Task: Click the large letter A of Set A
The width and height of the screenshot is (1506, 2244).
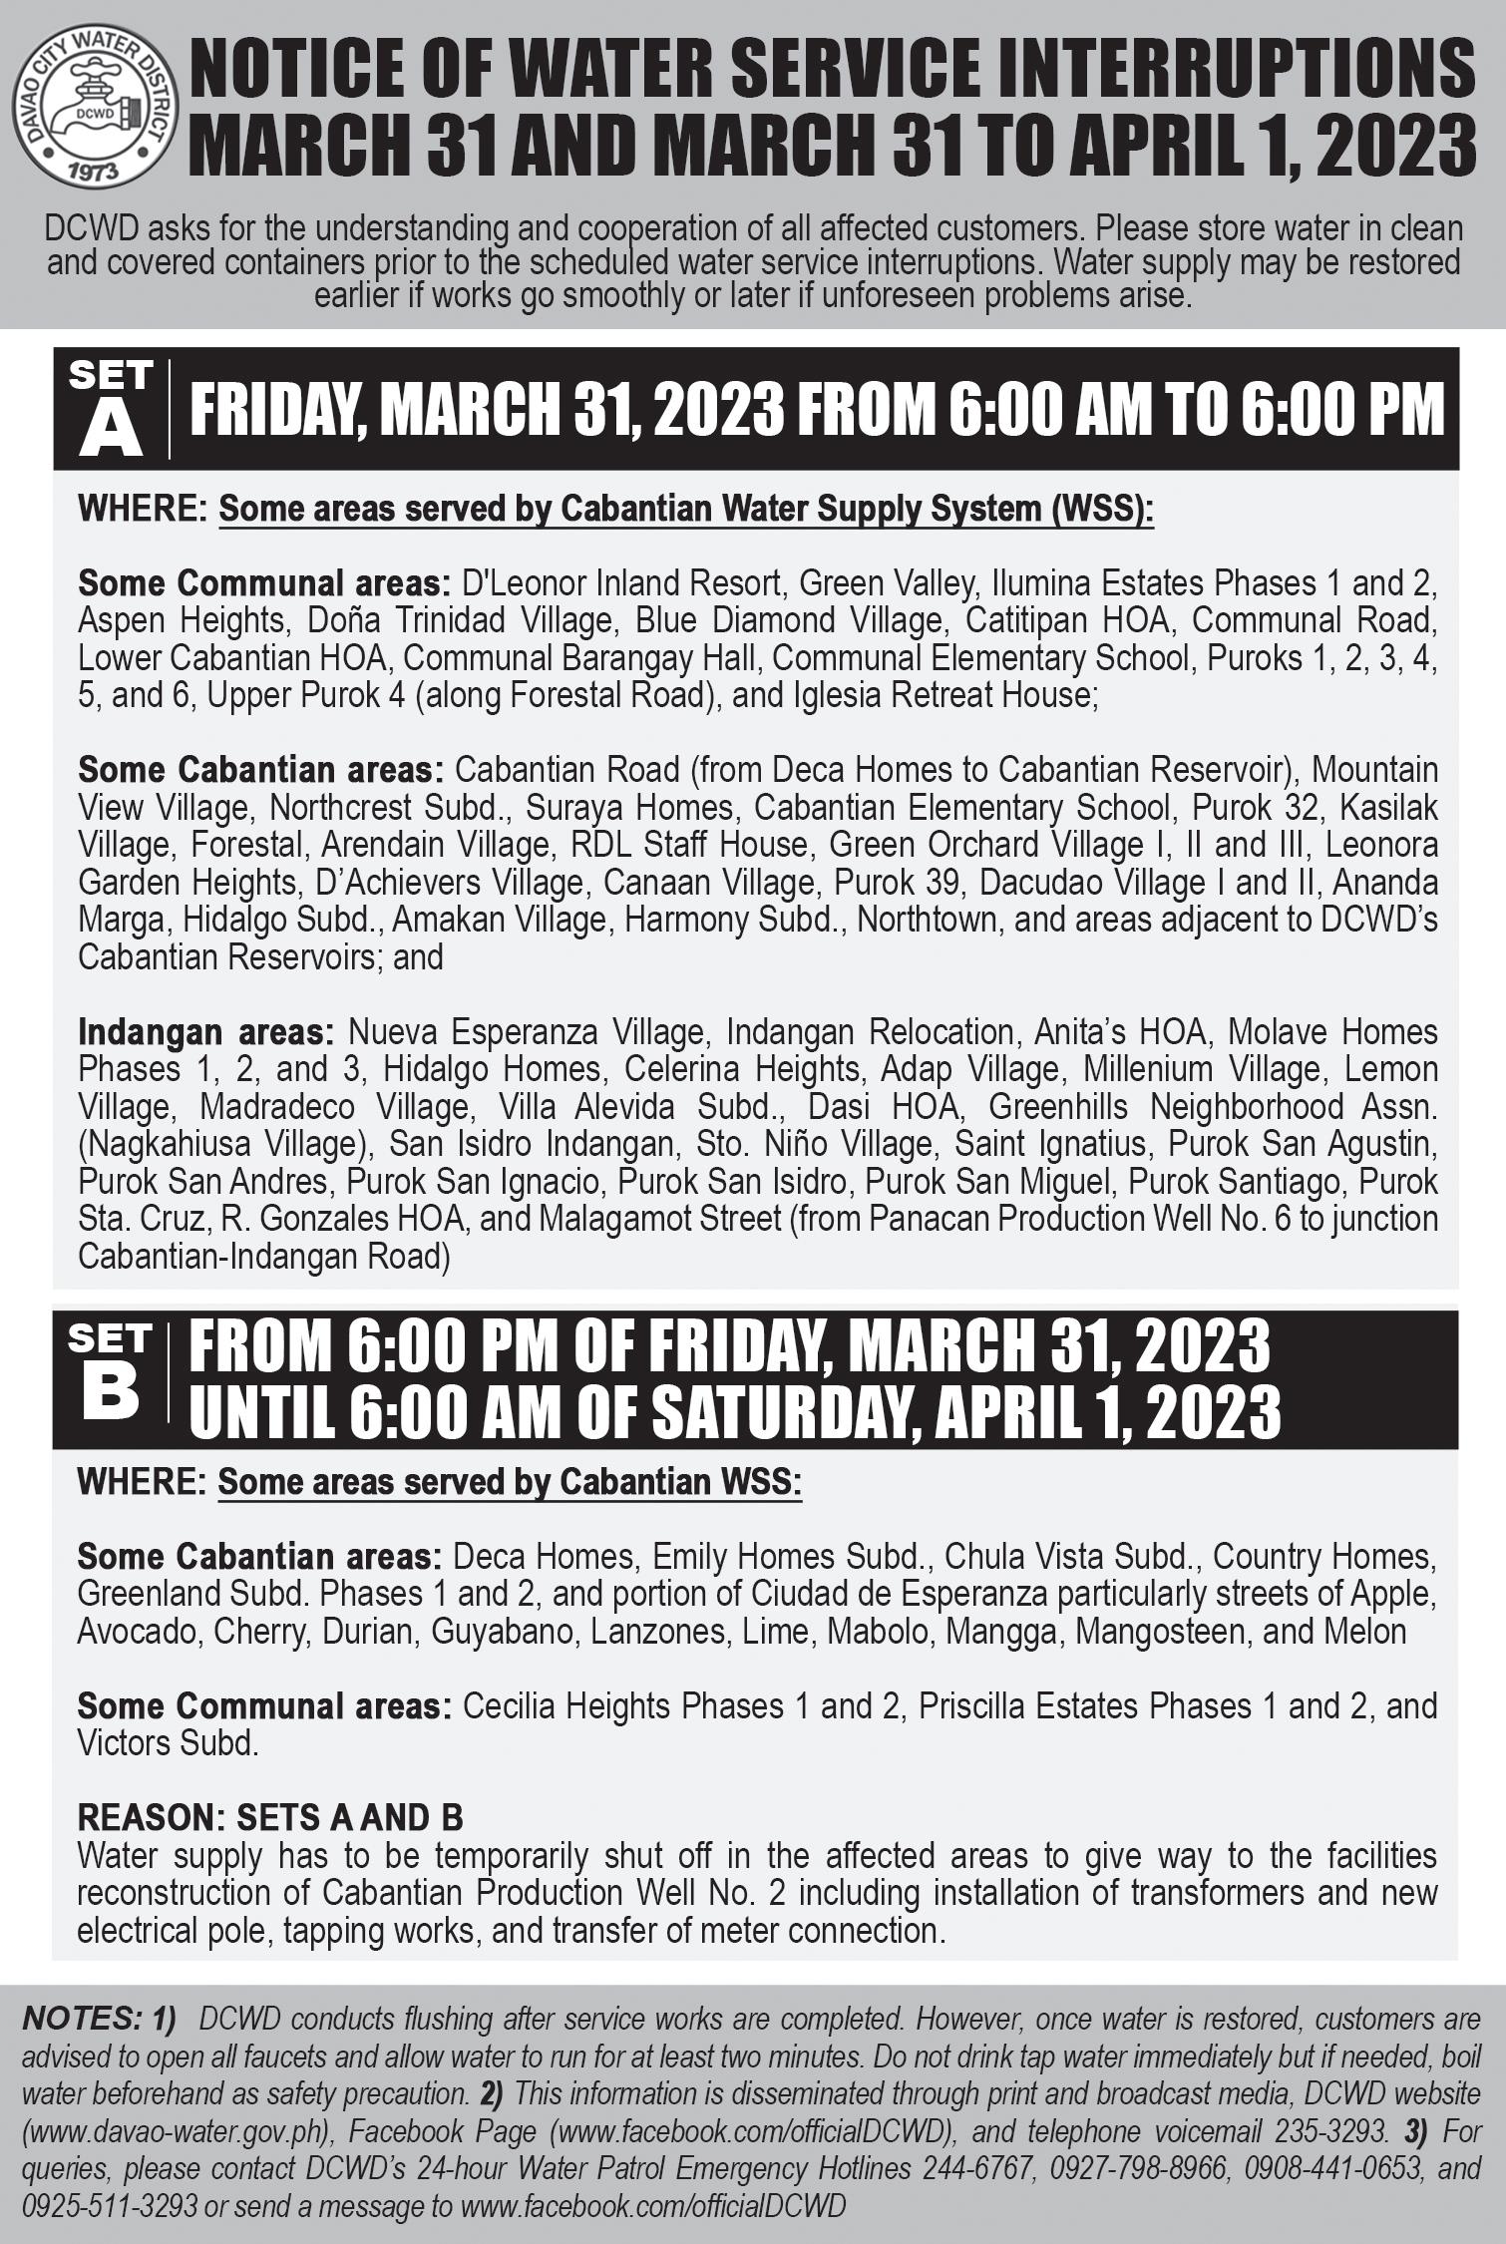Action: (x=111, y=430)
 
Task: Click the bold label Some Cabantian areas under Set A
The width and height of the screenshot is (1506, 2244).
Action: (x=260, y=770)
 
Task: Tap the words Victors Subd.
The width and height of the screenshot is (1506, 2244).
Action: (x=168, y=1743)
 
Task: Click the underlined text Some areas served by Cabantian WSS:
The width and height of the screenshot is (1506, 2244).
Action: (x=510, y=1482)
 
